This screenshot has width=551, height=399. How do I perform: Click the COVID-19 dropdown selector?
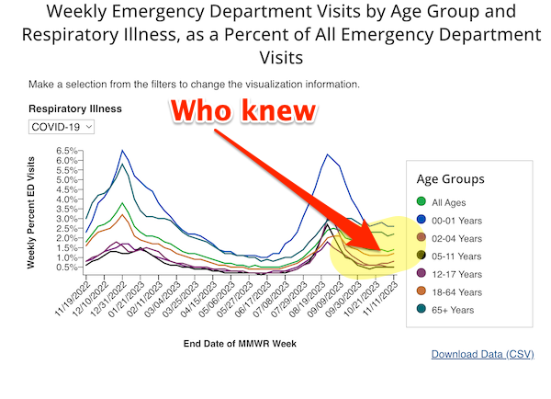(61, 126)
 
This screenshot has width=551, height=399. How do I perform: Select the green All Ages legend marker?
(422, 200)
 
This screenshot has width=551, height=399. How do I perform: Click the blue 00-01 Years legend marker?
(422, 219)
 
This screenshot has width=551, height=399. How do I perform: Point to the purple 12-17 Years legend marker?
(422, 273)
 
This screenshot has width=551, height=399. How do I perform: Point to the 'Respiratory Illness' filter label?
(74, 108)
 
